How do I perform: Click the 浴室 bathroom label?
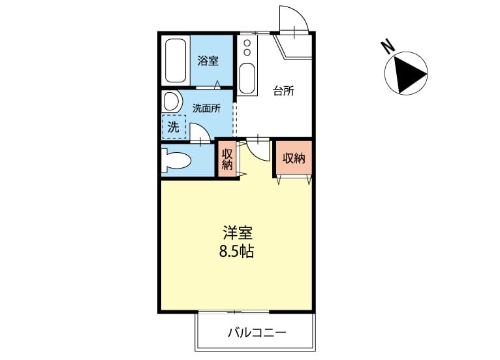click(x=208, y=61)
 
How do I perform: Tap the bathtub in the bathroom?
click(x=176, y=61)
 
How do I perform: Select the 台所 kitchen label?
click(x=283, y=91)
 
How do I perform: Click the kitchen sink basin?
click(x=247, y=78)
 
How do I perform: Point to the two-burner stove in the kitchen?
click(x=247, y=47)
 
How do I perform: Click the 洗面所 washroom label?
click(x=206, y=108)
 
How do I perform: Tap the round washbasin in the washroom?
click(x=172, y=101)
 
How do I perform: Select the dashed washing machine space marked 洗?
click(x=174, y=127)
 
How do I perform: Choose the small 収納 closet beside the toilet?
click(x=227, y=159)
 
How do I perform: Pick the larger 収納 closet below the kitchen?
click(x=294, y=158)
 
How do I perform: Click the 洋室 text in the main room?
click(x=238, y=233)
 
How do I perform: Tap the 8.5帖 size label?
click(x=236, y=252)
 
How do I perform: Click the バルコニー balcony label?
click(x=257, y=333)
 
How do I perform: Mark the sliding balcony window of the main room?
click(x=234, y=312)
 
